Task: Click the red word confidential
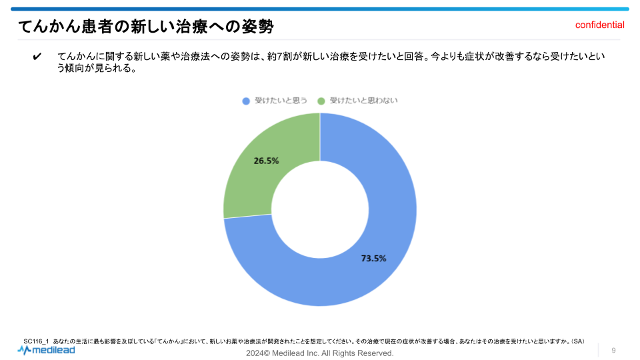coord(599,25)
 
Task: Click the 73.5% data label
coord(373,259)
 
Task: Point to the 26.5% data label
coord(266,161)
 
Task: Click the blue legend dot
coord(246,101)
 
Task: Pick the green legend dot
coord(321,101)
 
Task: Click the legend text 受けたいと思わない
coord(363,101)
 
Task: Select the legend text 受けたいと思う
coord(281,101)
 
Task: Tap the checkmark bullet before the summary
coord(37,57)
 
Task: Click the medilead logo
coord(46,349)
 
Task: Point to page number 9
coord(613,350)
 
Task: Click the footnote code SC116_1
coord(36,342)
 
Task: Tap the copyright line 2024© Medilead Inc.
coord(320,353)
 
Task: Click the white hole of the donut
coord(320,209)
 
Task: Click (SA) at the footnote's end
coord(577,342)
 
